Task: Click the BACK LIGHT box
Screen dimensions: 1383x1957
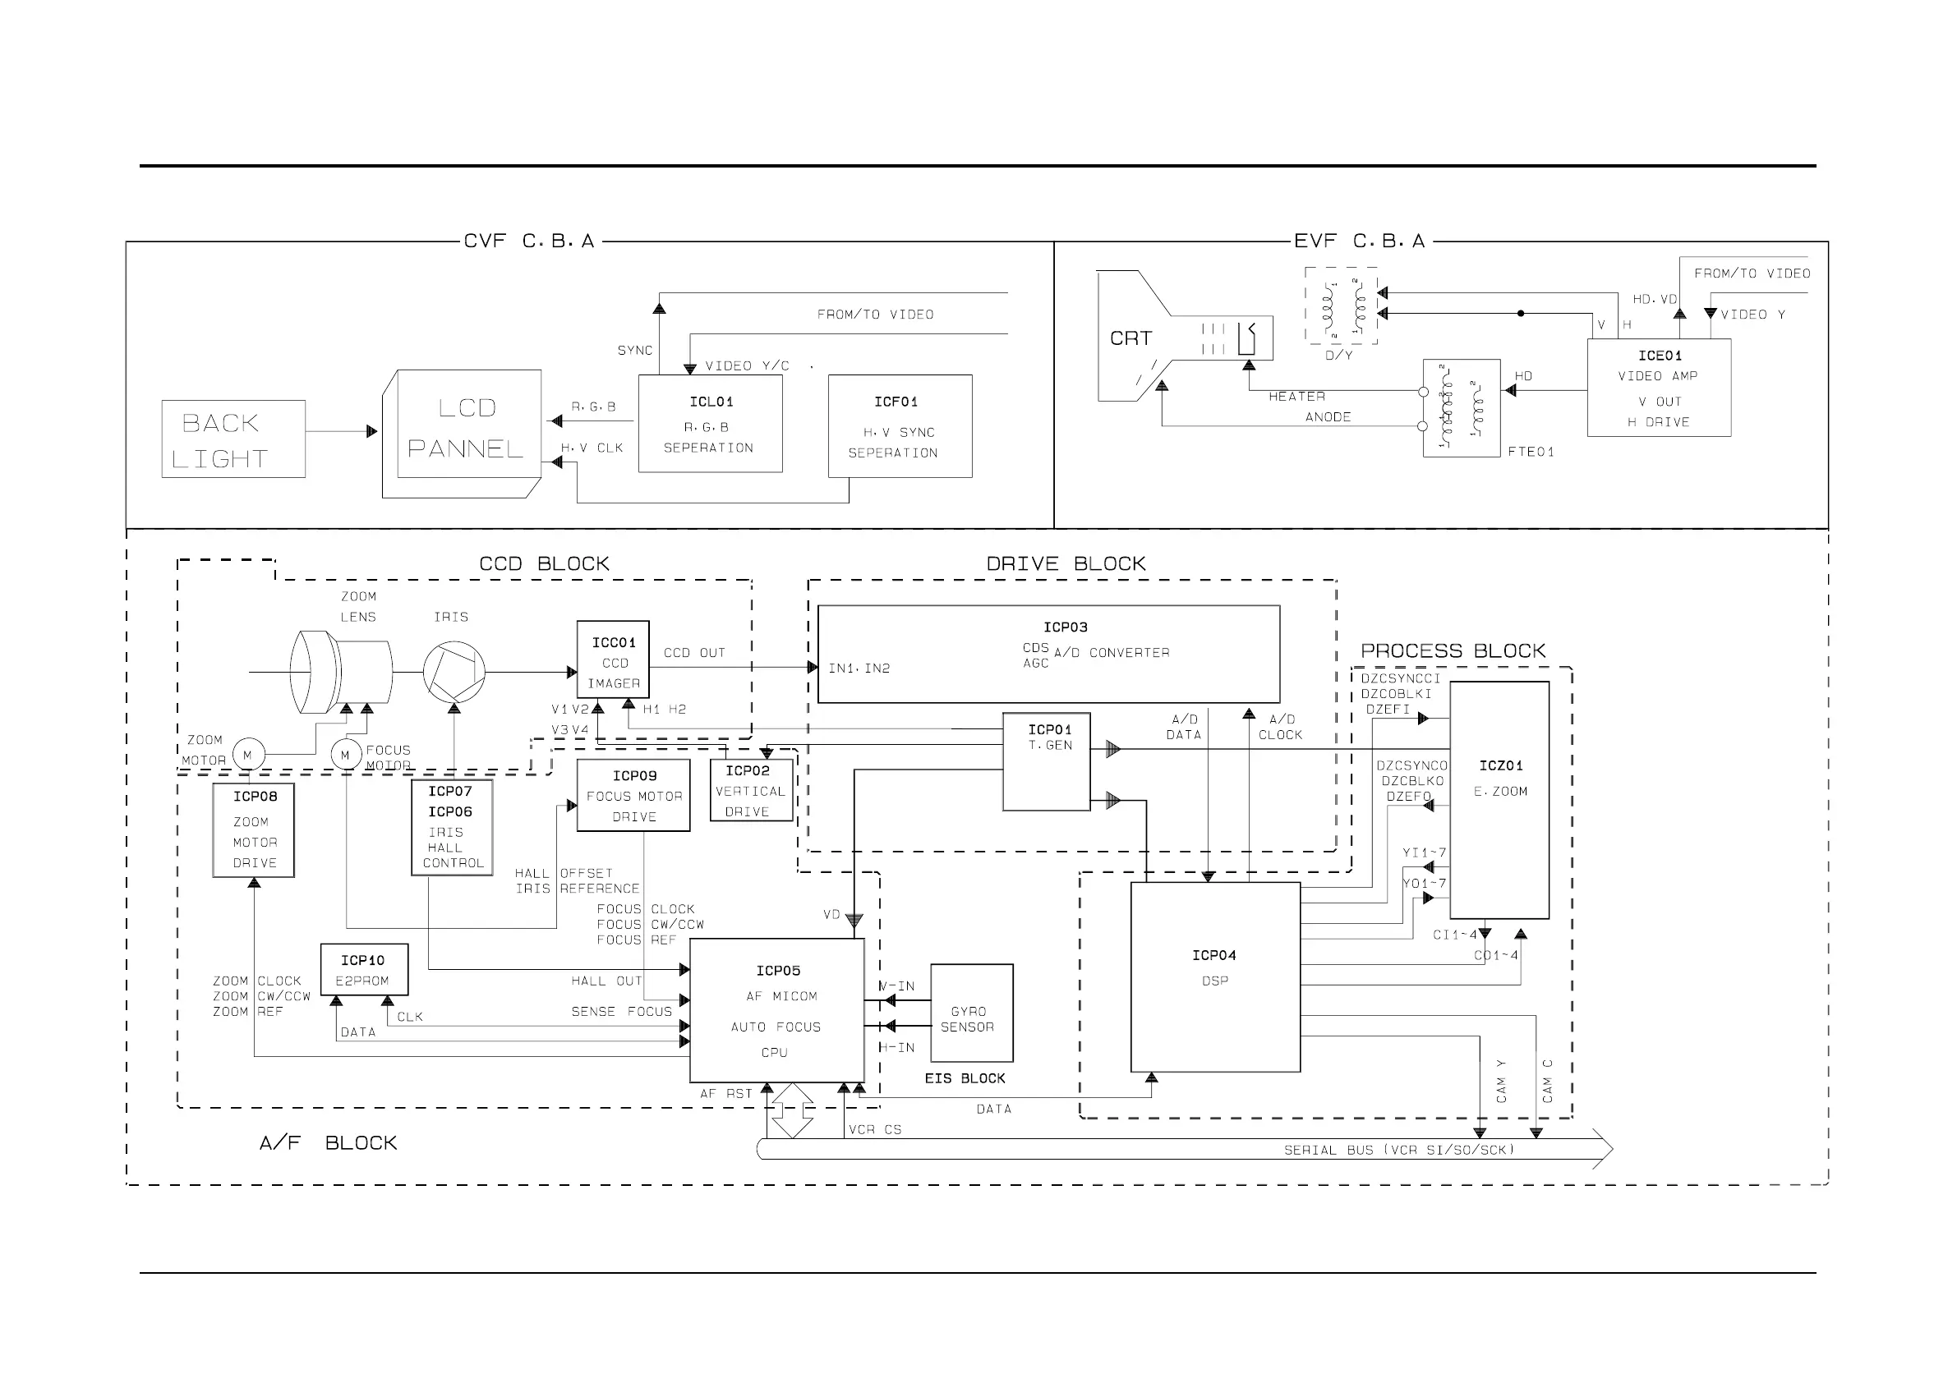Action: click(x=233, y=439)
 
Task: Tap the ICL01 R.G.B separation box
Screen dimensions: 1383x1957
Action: click(x=710, y=424)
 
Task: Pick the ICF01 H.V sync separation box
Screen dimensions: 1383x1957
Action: click(x=900, y=426)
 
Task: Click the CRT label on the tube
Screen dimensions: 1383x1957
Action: click(x=1130, y=338)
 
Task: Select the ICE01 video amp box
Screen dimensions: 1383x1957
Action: click(x=1658, y=388)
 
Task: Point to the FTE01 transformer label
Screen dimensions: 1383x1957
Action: click(x=1530, y=452)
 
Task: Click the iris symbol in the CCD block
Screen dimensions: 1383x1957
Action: click(x=454, y=673)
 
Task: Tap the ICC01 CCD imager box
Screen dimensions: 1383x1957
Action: click(x=613, y=659)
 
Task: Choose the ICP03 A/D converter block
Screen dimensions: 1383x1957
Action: click(x=1048, y=654)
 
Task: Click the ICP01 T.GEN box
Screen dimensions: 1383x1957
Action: click(x=1046, y=761)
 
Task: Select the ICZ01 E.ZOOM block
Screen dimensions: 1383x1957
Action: click(x=1499, y=799)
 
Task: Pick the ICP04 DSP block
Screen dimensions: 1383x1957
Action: click(x=1214, y=976)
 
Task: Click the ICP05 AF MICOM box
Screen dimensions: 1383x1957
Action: click(x=776, y=1010)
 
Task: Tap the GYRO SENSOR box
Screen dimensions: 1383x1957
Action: click(x=971, y=1013)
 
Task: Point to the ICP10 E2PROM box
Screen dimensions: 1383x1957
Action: click(x=364, y=969)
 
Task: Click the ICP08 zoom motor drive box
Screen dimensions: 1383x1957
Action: click(x=254, y=830)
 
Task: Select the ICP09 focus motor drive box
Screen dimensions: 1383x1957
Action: click(x=633, y=795)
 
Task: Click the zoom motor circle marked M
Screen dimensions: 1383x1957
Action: click(x=248, y=754)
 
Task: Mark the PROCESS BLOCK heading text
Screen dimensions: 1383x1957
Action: click(x=1452, y=651)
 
